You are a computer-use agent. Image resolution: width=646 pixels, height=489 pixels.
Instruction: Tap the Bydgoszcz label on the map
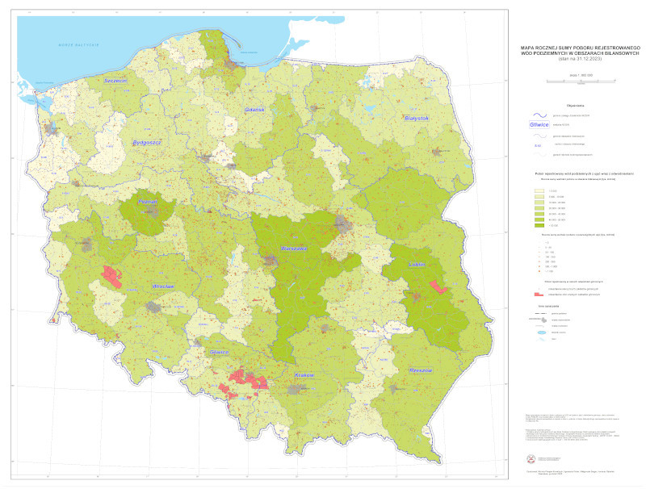click(x=148, y=142)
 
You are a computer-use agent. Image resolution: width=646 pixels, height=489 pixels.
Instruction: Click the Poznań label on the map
click(x=149, y=204)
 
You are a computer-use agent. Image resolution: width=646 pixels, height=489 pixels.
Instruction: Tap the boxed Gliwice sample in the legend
click(x=538, y=125)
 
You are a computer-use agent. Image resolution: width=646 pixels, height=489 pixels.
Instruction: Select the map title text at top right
click(x=581, y=52)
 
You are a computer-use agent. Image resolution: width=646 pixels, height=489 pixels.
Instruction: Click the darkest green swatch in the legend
click(x=538, y=225)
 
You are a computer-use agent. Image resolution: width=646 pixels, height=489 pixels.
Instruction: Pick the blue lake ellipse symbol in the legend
click(x=538, y=332)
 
